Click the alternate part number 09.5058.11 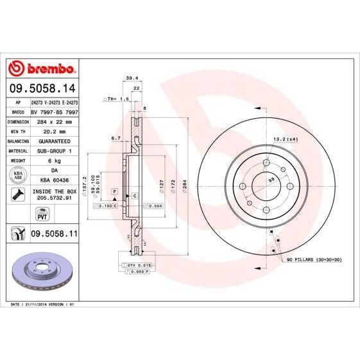tap(53, 236)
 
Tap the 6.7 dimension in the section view tap(116, 138)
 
